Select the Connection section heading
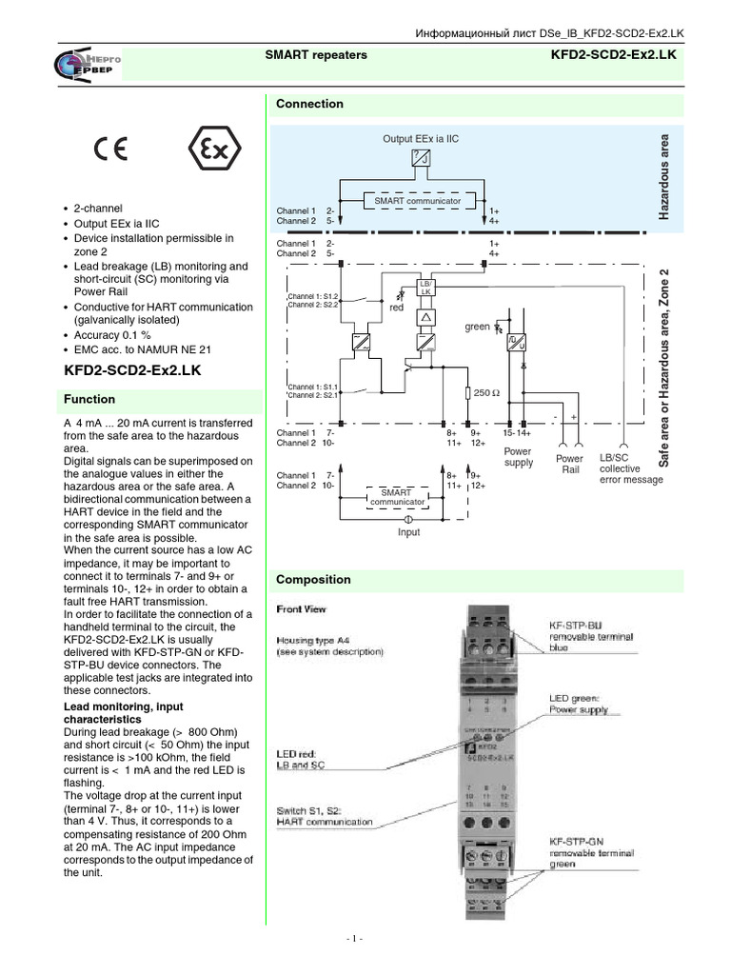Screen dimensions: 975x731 309,104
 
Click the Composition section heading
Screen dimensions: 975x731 313,579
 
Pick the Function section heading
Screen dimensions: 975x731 89,400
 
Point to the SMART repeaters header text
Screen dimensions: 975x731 315,56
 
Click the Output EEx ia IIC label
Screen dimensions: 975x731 420,139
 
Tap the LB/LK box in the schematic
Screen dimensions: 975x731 425,288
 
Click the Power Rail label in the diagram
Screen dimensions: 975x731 569,465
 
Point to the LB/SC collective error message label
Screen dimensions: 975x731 631,468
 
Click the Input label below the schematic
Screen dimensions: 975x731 408,532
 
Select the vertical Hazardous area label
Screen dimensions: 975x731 664,177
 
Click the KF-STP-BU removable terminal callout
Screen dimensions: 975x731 589,637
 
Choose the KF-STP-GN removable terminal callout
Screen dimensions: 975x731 591,853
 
